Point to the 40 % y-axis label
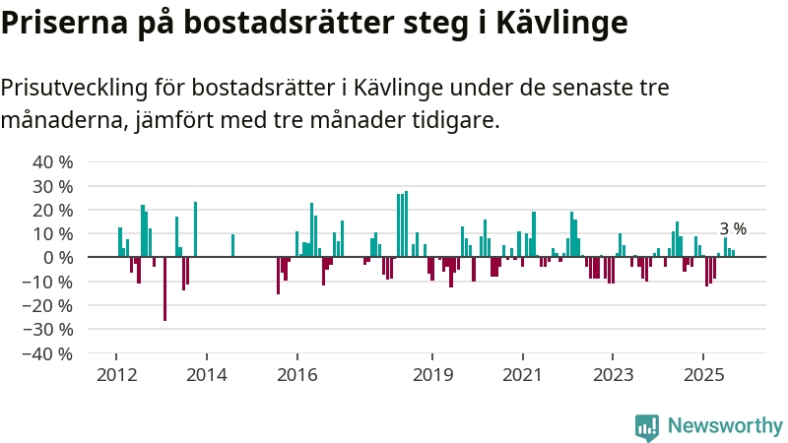tap(53, 162)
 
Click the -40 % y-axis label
tap(49, 353)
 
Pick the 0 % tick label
tap(58, 258)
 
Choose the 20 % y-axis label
tap(53, 210)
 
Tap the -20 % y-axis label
tap(49, 305)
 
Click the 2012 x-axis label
tap(116, 375)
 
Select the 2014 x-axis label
tap(207, 375)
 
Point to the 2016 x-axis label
tap(297, 375)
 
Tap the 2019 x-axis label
tap(432, 375)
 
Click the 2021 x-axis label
tap(522, 375)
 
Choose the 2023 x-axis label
tap(613, 375)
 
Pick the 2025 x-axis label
tap(703, 375)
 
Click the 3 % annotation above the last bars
tap(733, 229)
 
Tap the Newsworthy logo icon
tap(647, 426)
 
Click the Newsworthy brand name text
tap(725, 426)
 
